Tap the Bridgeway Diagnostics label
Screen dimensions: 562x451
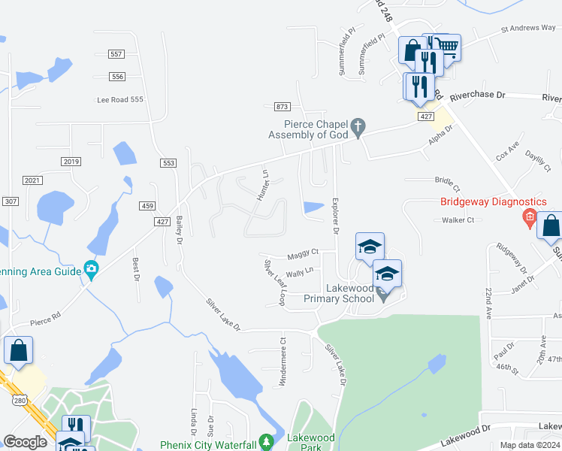[x=493, y=202]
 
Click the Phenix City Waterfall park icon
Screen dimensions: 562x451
[x=264, y=441]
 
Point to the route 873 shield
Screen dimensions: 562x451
[x=283, y=107]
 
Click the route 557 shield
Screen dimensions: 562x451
[x=116, y=54]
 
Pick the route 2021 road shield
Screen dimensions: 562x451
[x=32, y=180]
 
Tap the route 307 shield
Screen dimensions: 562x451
[x=10, y=201]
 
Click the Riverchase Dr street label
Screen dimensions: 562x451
[x=478, y=97]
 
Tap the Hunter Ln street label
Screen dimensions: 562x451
[x=264, y=185]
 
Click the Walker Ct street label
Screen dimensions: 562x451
[x=458, y=220]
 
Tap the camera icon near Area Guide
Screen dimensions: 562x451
[x=91, y=268]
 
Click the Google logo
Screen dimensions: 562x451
[x=25, y=442]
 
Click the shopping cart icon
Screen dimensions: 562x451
[x=448, y=47]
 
